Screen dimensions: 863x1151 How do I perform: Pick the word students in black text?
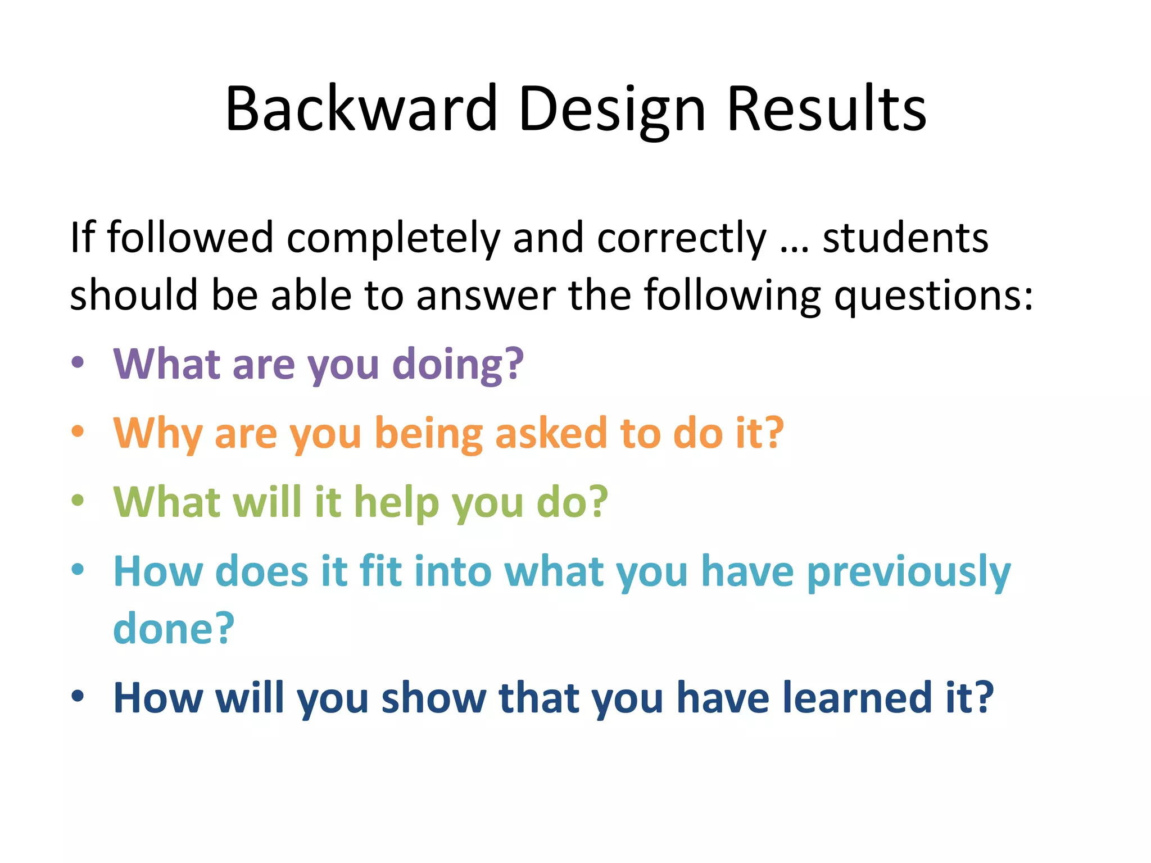pyautogui.click(x=905, y=237)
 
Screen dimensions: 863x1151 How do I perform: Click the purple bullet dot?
pyautogui.click(x=78, y=362)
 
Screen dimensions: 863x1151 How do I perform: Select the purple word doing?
pyautogui.click(x=457, y=365)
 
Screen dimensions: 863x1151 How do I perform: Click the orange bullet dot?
pyautogui.click(x=78, y=431)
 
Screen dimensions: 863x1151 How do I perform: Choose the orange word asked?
pyautogui.click(x=551, y=434)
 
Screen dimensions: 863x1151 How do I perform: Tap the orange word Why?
pyautogui.click(x=157, y=434)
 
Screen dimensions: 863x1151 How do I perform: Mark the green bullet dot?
pyautogui.click(x=78, y=500)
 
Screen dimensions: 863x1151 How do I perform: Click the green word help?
pyautogui.click(x=396, y=502)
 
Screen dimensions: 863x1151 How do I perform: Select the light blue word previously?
pyautogui.click(x=908, y=572)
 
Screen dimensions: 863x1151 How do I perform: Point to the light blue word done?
pyautogui.click(x=173, y=628)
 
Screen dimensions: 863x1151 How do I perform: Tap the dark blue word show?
pyautogui.click(x=433, y=697)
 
